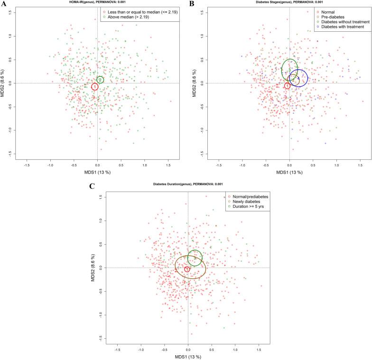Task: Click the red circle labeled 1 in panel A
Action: [x=95, y=86]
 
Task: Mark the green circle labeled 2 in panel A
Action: [x=100, y=80]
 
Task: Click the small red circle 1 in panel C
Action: [x=187, y=269]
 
